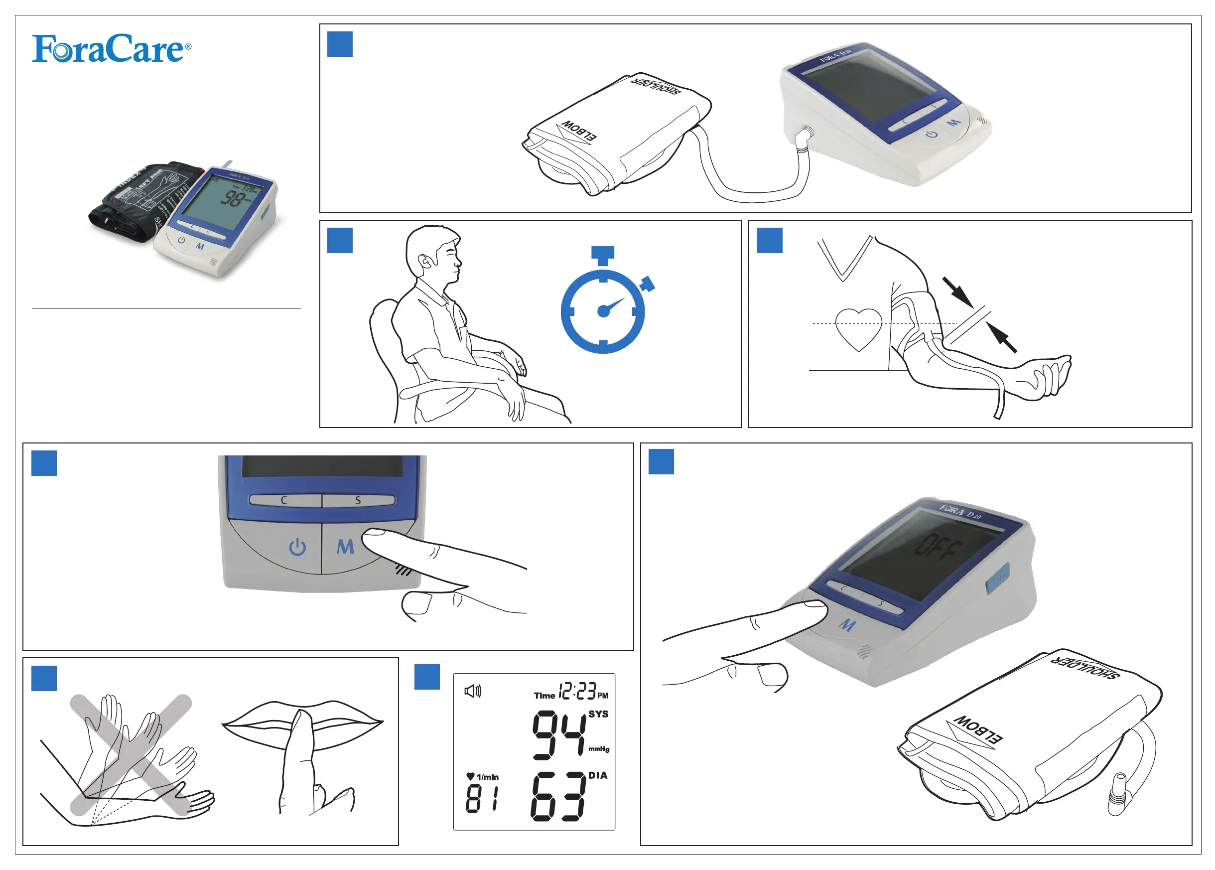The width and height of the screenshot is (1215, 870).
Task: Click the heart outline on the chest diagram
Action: (858, 328)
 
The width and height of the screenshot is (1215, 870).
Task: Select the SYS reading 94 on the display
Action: (558, 735)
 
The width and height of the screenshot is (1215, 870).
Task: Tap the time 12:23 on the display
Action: (577, 691)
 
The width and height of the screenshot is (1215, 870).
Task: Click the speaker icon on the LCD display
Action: (473, 691)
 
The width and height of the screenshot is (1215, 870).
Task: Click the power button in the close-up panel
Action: (297, 548)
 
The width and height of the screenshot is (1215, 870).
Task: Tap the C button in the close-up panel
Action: (284, 500)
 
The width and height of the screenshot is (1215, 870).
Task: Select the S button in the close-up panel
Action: (358, 500)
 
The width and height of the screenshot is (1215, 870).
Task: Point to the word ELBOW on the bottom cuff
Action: (978, 730)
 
